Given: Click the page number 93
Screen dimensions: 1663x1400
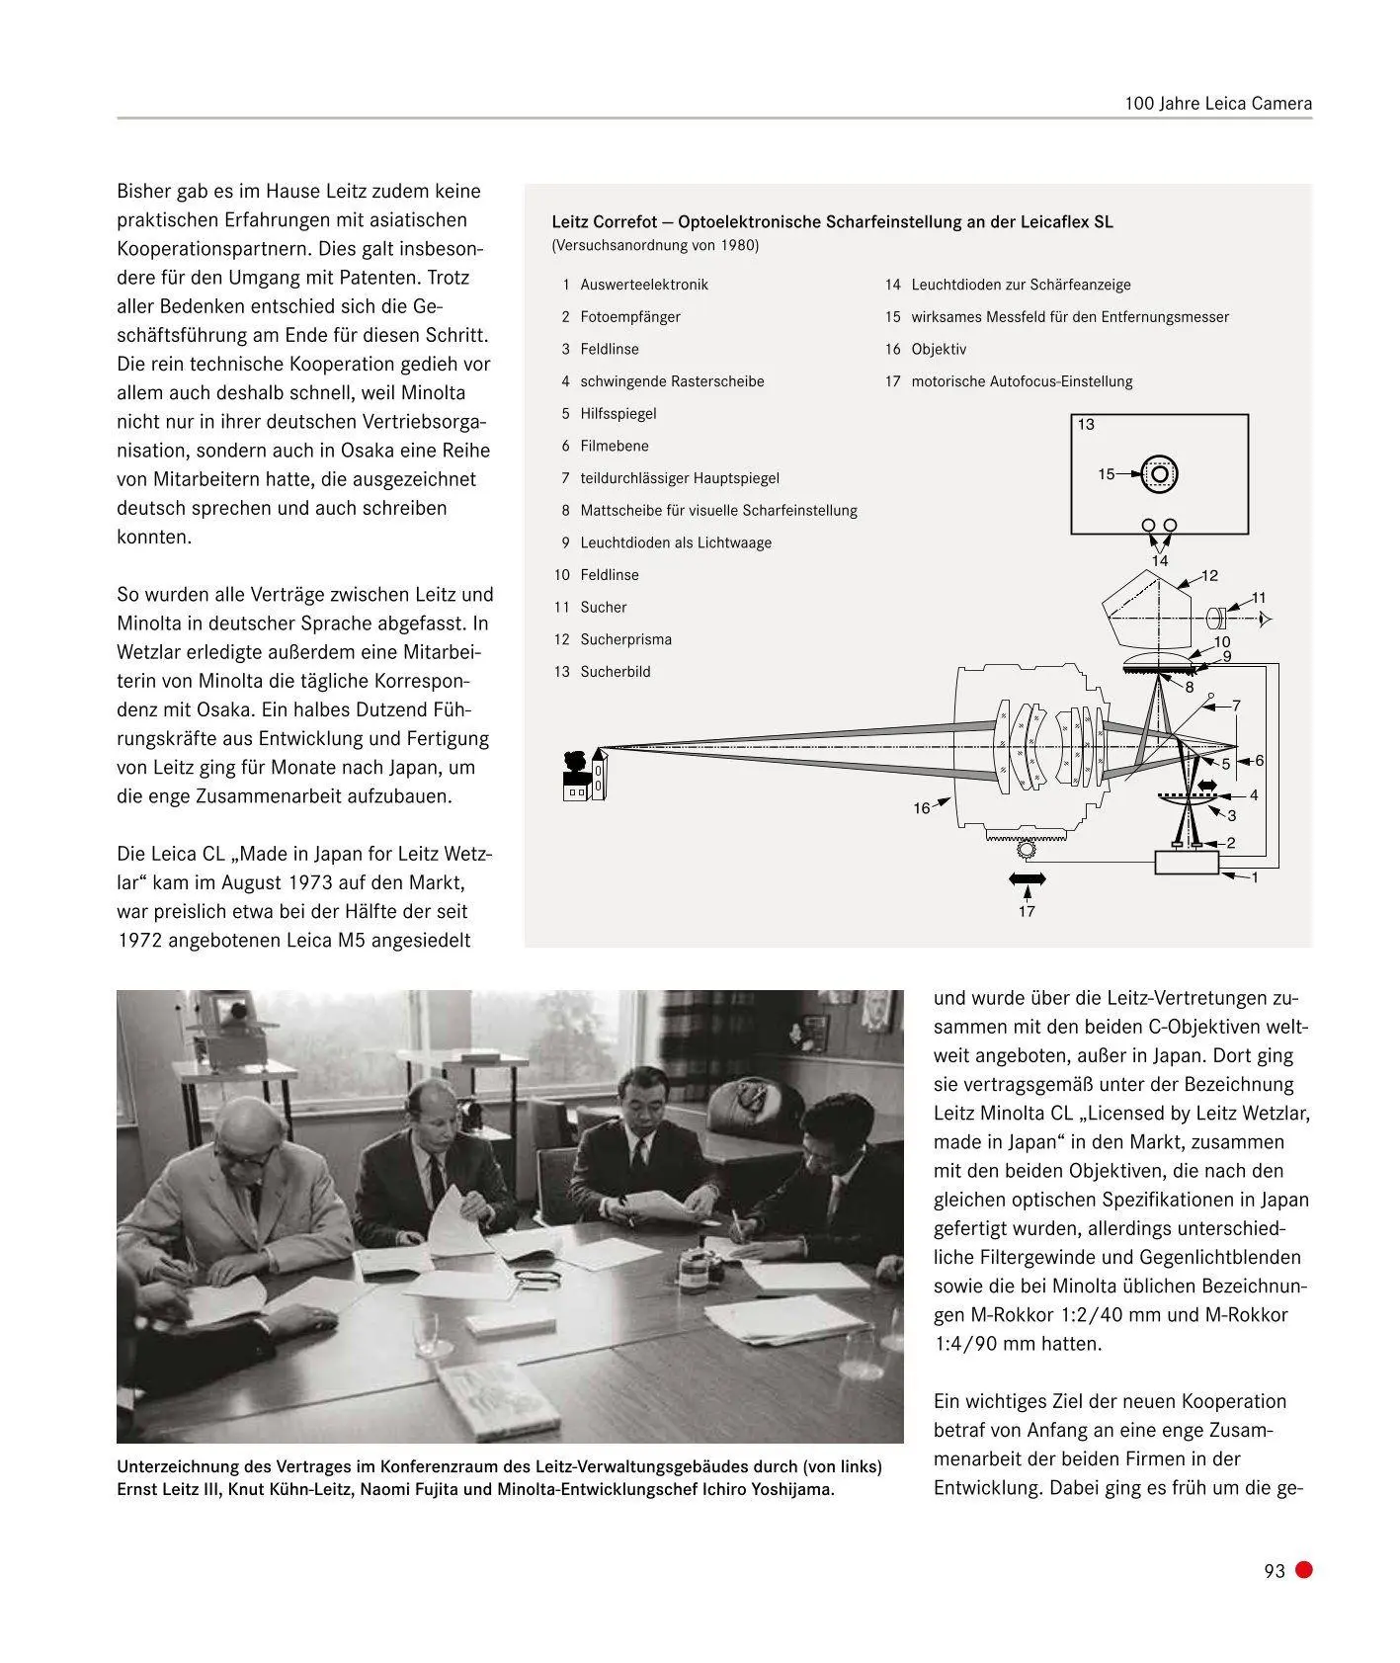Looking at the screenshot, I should point(1274,1570).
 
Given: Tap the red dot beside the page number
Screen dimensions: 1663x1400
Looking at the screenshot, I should point(1304,1569).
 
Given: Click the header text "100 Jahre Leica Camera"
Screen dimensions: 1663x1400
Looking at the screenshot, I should point(1218,103).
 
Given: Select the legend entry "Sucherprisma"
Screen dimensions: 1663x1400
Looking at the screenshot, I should point(625,639).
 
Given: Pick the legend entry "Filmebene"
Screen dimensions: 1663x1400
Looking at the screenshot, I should point(614,446).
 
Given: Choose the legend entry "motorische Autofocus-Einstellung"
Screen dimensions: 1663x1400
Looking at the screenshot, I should point(1022,381).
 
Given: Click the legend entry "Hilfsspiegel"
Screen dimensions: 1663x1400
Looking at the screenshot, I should point(618,413).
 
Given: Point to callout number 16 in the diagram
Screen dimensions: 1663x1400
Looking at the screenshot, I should point(921,808).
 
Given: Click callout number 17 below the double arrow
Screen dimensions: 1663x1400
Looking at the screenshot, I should point(1027,911).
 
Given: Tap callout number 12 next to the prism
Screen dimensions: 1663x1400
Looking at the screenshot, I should point(1209,575).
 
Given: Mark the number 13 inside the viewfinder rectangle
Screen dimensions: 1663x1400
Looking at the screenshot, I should point(1086,425).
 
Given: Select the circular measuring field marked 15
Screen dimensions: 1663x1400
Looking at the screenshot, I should point(1160,474).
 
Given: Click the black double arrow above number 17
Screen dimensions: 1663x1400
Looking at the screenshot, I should point(1027,878).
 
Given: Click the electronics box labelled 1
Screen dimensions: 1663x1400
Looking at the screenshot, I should point(1187,863).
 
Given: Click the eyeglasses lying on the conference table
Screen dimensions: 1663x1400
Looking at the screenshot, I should point(539,1278).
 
